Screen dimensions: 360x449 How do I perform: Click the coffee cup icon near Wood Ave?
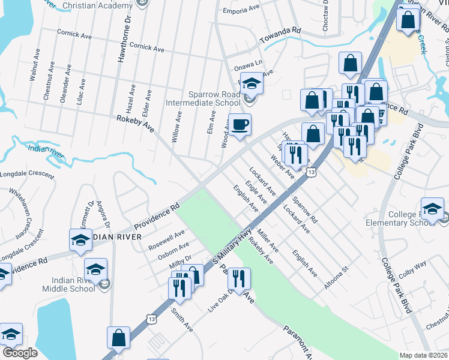(240, 125)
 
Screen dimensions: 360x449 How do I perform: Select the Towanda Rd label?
(280, 35)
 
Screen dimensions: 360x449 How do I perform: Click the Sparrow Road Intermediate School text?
(203, 98)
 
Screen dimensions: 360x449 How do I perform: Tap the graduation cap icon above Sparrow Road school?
(252, 84)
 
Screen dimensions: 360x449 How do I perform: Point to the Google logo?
(20, 352)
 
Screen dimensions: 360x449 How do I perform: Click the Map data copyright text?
(423, 355)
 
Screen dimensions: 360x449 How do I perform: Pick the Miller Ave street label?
(268, 241)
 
